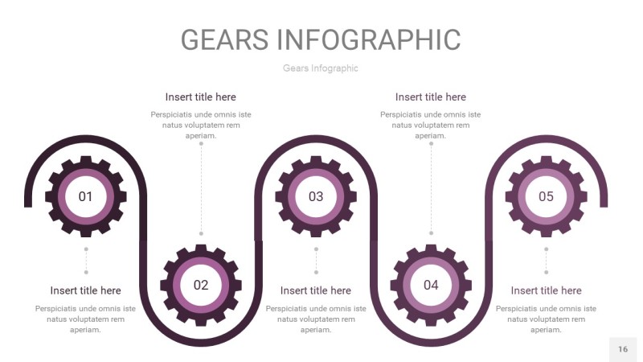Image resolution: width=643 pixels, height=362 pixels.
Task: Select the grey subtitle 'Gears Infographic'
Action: (321, 68)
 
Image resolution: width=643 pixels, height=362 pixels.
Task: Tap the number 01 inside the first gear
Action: (85, 196)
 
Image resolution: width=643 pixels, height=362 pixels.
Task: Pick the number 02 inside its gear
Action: (201, 285)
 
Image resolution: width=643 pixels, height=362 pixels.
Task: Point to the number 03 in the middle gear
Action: (316, 196)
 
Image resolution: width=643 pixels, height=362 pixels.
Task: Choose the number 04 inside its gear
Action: (431, 285)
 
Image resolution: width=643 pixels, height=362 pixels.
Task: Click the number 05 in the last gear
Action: (546, 196)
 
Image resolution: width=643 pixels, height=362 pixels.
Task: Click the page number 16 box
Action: (623, 349)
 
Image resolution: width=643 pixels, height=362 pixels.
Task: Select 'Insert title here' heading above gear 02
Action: (201, 97)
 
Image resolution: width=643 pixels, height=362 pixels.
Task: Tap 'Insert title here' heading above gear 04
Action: (431, 97)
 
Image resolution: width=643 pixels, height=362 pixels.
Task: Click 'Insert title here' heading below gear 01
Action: (85, 290)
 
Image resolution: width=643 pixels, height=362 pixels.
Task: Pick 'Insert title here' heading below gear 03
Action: (316, 290)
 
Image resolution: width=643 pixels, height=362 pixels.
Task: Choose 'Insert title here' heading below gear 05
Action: (546, 290)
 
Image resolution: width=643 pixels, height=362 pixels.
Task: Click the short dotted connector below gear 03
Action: (316, 261)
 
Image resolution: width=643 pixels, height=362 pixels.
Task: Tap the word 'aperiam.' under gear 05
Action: (546, 330)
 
